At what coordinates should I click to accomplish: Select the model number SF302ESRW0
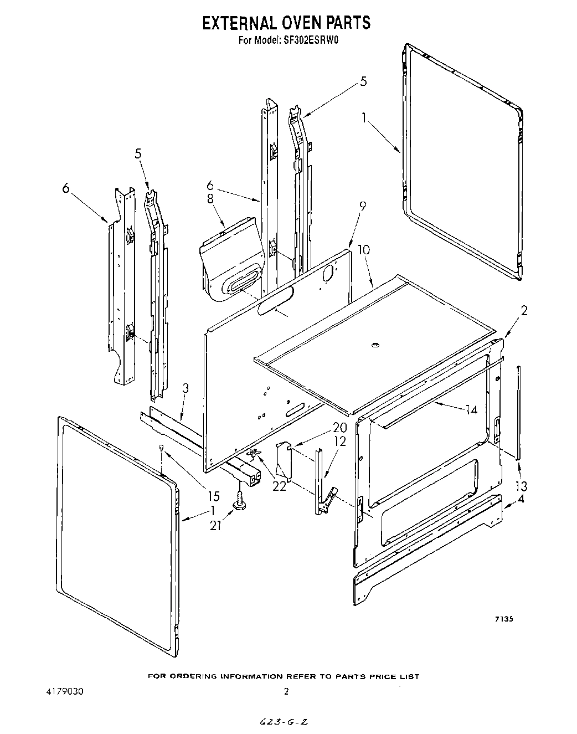[311, 39]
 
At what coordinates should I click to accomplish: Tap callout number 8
[210, 199]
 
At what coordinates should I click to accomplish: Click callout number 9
[363, 206]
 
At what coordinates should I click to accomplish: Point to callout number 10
[364, 250]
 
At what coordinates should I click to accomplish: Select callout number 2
[523, 311]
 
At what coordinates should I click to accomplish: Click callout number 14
[471, 410]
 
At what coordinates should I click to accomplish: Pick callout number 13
[521, 486]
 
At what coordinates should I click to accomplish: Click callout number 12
[339, 442]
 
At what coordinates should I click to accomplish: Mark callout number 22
[280, 486]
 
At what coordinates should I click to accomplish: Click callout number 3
[186, 388]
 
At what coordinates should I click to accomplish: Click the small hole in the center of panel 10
[375, 346]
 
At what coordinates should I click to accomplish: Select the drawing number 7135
[503, 619]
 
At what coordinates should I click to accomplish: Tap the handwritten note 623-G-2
[285, 722]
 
